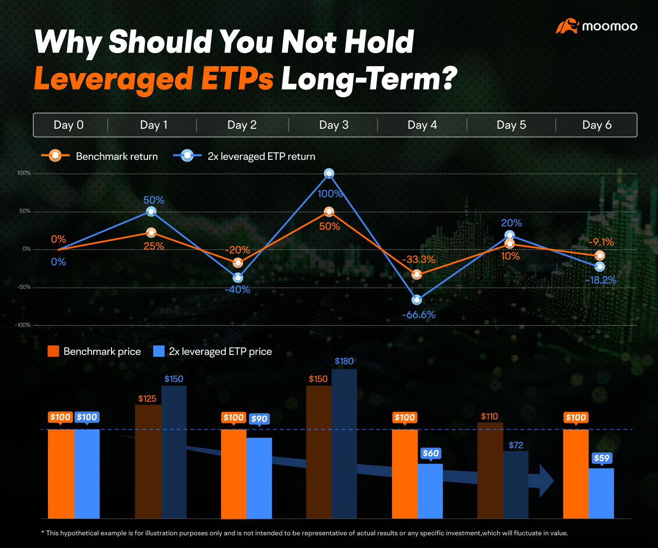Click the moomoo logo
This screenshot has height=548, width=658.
(596, 26)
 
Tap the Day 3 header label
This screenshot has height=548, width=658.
(334, 125)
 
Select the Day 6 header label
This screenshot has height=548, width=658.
(597, 125)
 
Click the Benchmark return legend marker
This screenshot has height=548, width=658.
(55, 156)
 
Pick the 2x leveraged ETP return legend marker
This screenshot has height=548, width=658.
(187, 156)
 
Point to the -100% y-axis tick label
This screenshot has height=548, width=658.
(23, 325)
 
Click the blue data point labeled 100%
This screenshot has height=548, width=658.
(329, 173)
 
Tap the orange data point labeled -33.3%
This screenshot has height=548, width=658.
(417, 274)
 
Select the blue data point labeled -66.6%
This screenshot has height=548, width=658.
(417, 300)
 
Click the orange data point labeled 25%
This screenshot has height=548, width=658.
(151, 233)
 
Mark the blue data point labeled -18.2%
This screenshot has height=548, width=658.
(600, 267)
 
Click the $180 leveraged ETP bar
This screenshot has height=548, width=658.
(344, 444)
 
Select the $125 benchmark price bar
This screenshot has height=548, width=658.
(148, 461)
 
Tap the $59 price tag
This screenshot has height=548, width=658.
(602, 458)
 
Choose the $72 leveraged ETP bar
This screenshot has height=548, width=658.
(515, 485)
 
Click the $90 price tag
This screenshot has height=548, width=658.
(259, 419)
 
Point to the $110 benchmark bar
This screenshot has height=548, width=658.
(490, 470)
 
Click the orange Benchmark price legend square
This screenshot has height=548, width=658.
(53, 351)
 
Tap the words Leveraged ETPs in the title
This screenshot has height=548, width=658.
(154, 79)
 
